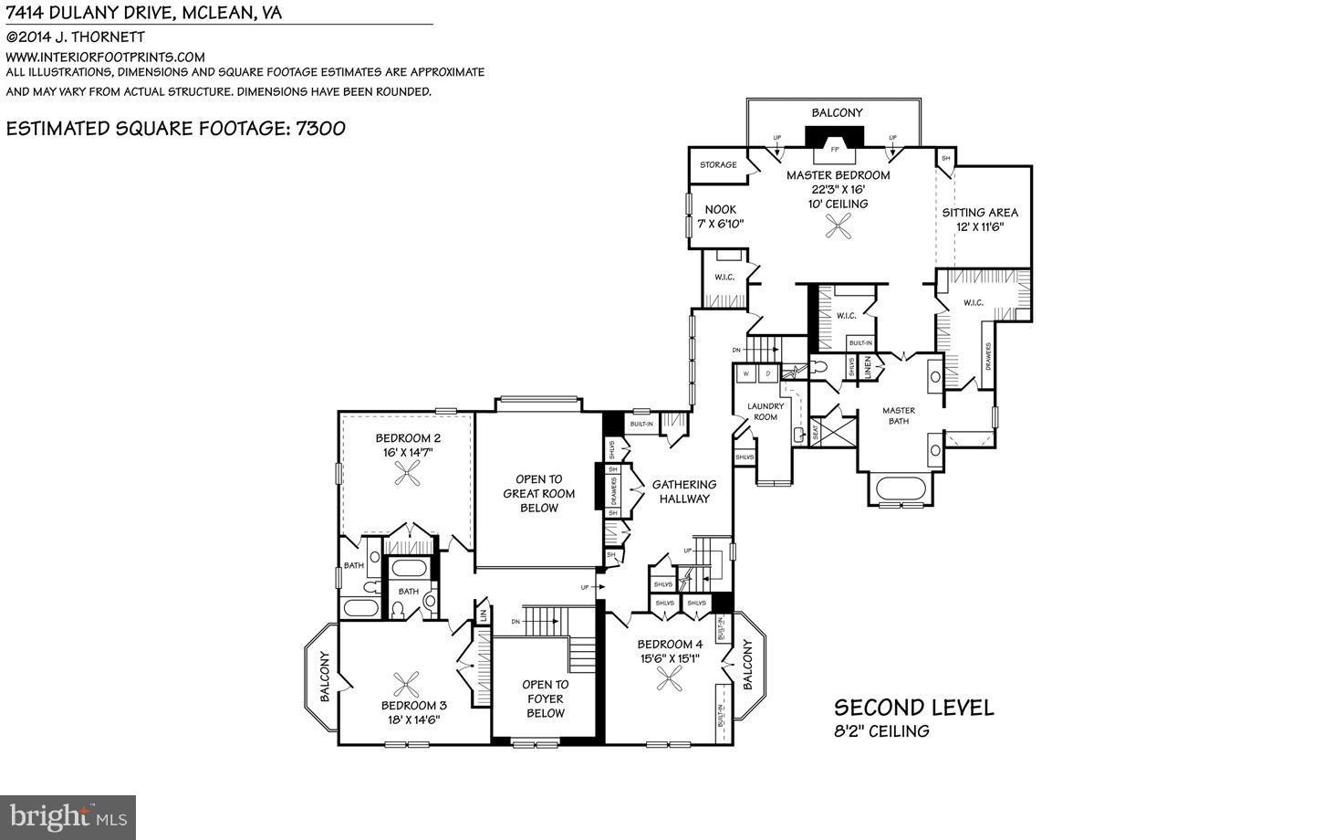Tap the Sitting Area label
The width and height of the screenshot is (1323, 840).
pyautogui.click(x=980, y=219)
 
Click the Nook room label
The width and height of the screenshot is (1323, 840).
pyautogui.click(x=719, y=216)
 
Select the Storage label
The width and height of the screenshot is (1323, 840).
pyautogui.click(x=718, y=165)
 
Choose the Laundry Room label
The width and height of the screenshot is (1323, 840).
pyautogui.click(x=765, y=412)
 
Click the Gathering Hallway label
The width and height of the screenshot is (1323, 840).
pyautogui.click(x=684, y=491)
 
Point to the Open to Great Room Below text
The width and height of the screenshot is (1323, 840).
pyautogui.click(x=538, y=493)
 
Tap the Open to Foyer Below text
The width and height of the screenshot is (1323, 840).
pyautogui.click(x=545, y=698)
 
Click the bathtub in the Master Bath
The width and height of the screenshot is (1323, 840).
pyautogui.click(x=901, y=488)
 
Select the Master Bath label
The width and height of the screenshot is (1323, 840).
pyautogui.click(x=898, y=415)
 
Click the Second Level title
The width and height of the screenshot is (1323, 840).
pyautogui.click(x=913, y=708)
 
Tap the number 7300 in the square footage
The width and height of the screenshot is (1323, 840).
pyautogui.click(x=320, y=128)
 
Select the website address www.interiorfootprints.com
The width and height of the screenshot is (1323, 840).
pyautogui.click(x=105, y=57)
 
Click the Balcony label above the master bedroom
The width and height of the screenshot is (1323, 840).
pyautogui.click(x=837, y=112)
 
